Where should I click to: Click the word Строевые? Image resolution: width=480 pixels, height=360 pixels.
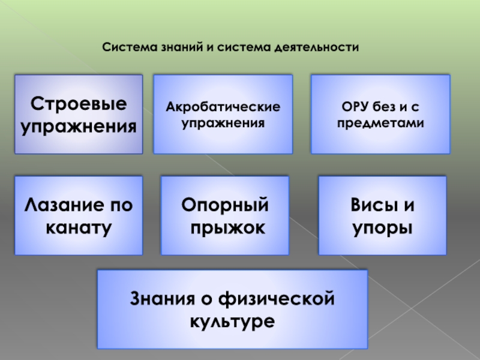tap(79, 103)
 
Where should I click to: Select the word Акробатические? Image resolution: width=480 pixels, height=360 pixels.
tap(223, 108)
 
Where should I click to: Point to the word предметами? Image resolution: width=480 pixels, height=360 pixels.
tap(380, 123)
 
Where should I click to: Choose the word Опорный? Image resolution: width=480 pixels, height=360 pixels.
tap(225, 206)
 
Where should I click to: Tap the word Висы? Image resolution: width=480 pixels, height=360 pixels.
tap(369, 206)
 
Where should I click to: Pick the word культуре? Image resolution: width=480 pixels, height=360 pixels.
tap(232, 320)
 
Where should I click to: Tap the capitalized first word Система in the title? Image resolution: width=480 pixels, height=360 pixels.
tap(124, 46)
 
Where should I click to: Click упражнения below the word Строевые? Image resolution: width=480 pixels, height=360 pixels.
tap(79, 127)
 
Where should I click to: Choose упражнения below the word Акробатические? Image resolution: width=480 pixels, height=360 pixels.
tap(223, 123)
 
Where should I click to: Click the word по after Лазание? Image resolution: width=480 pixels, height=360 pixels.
tap(122, 206)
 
